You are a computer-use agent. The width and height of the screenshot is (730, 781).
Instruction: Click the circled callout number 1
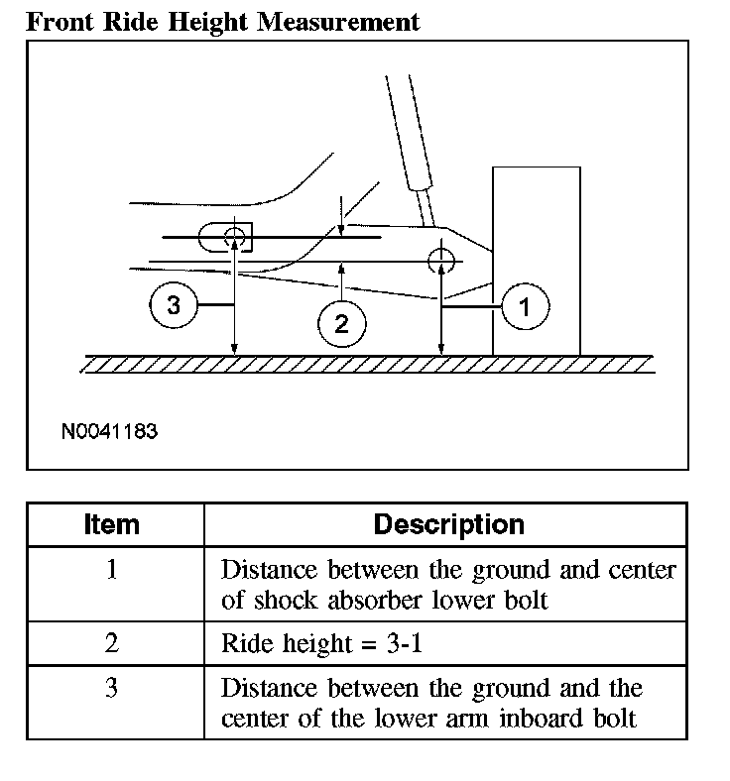tap(525, 307)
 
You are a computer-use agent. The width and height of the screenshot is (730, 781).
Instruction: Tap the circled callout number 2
tap(341, 323)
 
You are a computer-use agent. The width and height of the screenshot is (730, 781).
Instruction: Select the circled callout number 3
tap(174, 305)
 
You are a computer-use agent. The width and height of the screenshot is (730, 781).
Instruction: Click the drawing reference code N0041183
tap(109, 432)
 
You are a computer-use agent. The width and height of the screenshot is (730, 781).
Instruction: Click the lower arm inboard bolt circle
tap(235, 236)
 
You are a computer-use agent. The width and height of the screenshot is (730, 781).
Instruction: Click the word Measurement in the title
tap(337, 21)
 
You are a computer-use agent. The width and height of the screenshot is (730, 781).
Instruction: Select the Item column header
tap(112, 524)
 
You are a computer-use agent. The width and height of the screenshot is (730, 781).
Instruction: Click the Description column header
tap(448, 524)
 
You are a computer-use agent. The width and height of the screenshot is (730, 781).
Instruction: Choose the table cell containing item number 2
tap(112, 643)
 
